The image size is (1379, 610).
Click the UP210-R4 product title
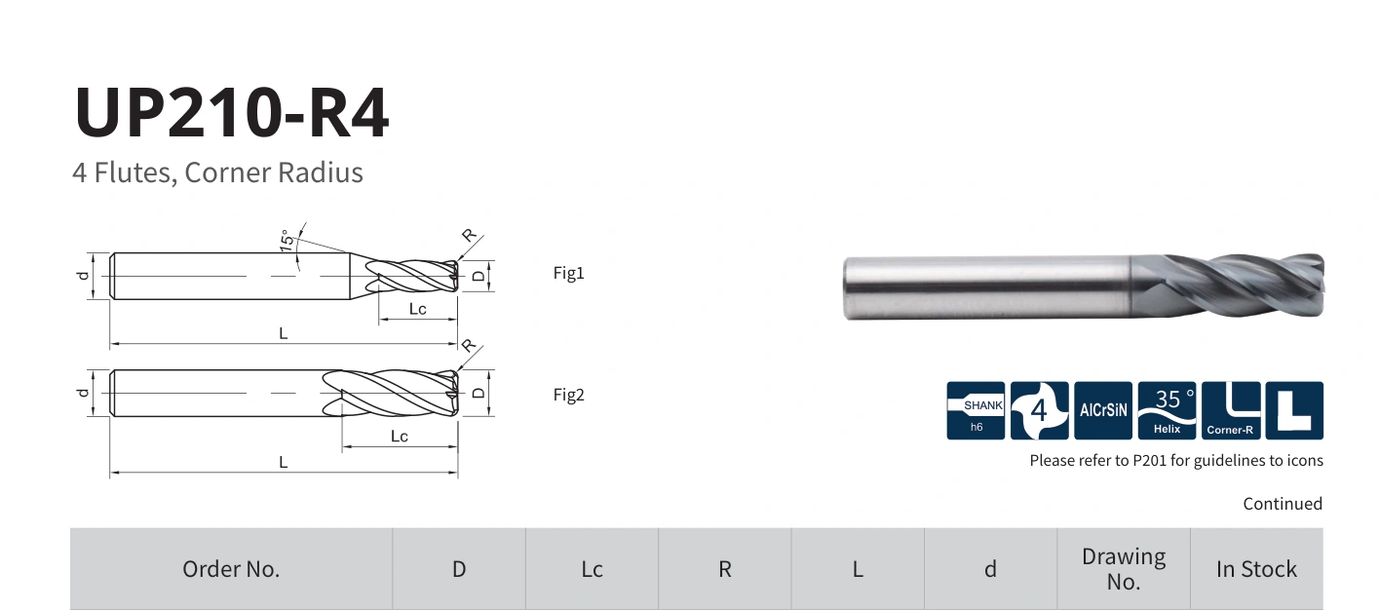tap(232, 112)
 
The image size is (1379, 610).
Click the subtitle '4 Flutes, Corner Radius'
tap(217, 172)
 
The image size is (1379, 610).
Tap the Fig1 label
tap(568, 273)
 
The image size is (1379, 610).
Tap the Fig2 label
tap(568, 395)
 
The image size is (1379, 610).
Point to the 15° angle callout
tap(287, 240)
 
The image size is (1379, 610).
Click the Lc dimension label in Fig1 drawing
tap(417, 309)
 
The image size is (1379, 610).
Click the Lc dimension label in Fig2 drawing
tap(399, 437)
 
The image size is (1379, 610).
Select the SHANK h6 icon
tap(976, 410)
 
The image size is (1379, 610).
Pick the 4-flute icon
tap(1039, 410)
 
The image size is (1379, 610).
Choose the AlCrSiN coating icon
tap(1103, 410)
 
